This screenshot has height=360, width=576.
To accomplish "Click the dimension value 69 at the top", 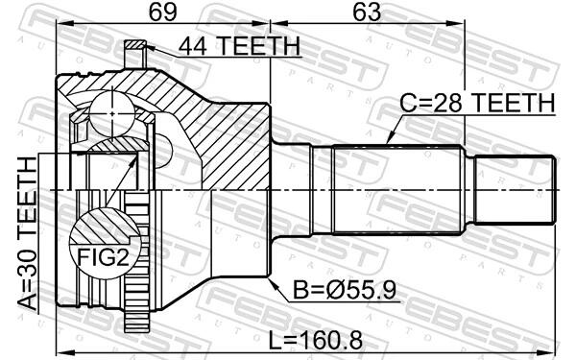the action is [163, 12].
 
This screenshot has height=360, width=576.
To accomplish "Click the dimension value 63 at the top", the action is [367, 12].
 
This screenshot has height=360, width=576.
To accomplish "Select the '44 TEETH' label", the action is [239, 46].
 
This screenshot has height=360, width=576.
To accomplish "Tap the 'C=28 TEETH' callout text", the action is [477, 103].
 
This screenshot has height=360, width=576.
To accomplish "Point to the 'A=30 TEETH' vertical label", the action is [28, 233].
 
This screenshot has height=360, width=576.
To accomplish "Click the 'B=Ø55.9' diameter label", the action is [345, 291].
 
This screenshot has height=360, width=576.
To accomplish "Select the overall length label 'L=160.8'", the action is [316, 340].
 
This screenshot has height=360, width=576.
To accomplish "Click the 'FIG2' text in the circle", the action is [104, 256].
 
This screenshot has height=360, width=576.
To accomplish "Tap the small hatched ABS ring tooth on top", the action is [135, 45].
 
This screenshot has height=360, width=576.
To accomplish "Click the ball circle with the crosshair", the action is [111, 113].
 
